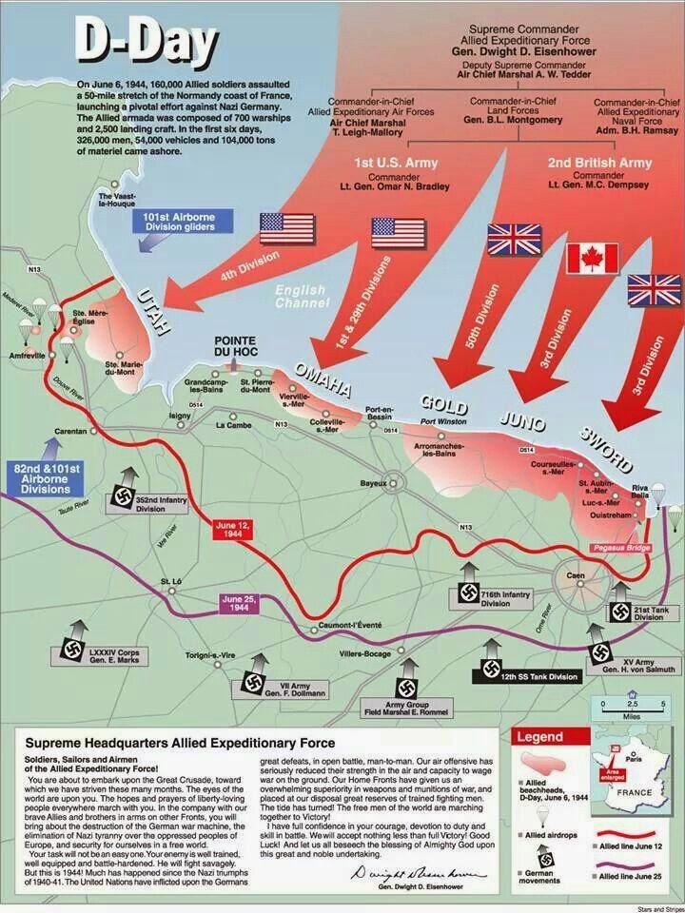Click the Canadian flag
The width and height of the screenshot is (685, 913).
(592, 258)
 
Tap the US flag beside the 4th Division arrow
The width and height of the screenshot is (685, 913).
(286, 228)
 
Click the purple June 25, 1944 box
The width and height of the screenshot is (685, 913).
(240, 604)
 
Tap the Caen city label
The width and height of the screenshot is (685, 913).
(575, 576)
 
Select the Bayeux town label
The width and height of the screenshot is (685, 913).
(373, 484)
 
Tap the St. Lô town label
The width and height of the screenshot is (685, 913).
(170, 581)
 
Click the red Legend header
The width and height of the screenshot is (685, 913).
(539, 737)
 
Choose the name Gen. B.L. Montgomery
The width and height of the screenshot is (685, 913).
(503, 121)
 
